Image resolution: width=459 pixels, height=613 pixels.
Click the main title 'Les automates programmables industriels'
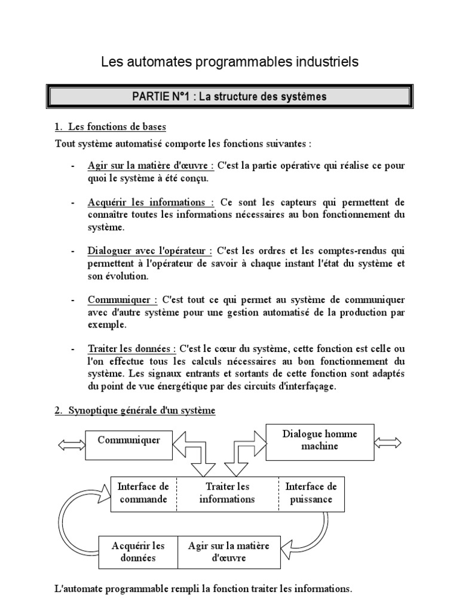(x=229, y=62)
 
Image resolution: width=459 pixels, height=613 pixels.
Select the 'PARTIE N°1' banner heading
(x=229, y=96)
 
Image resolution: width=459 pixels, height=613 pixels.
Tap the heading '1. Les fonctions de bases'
(x=111, y=127)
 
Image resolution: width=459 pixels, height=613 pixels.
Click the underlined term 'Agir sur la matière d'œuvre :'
(x=151, y=166)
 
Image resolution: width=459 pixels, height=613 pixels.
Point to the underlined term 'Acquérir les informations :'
(x=151, y=202)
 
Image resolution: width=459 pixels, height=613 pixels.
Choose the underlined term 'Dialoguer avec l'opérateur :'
(x=150, y=250)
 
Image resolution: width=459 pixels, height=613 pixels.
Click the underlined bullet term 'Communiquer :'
(x=123, y=299)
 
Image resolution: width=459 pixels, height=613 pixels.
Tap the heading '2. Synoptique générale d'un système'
(x=135, y=411)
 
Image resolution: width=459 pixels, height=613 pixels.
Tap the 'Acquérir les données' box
(x=138, y=551)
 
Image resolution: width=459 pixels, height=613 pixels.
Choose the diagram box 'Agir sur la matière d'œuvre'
(x=229, y=551)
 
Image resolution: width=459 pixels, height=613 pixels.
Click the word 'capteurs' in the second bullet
(x=305, y=202)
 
